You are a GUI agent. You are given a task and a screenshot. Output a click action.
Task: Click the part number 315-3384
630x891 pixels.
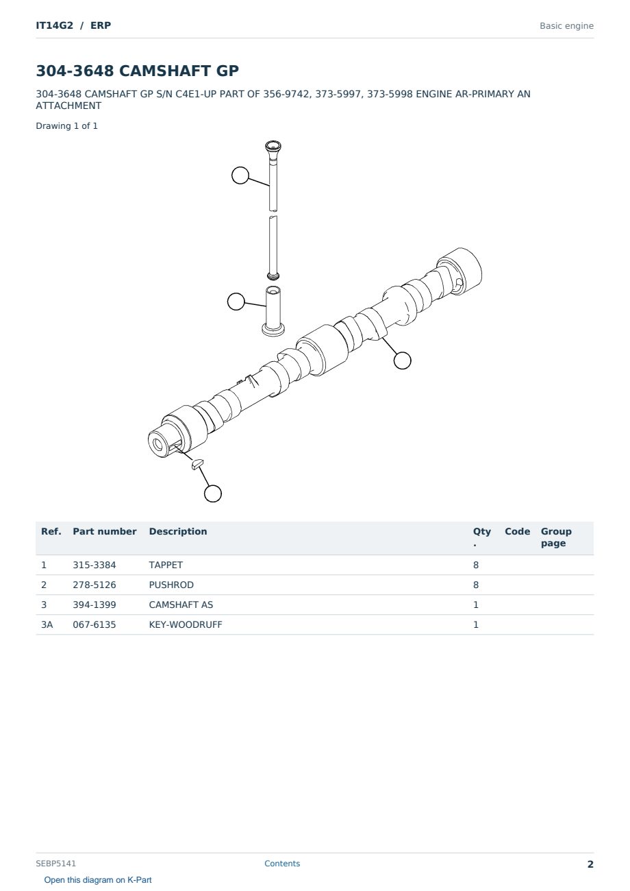coord(94,565)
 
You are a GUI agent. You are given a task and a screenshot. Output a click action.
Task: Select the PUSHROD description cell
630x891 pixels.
coord(171,585)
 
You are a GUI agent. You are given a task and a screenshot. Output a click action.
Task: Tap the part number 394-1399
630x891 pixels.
coord(94,605)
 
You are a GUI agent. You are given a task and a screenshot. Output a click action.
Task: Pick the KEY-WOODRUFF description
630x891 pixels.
coord(186,625)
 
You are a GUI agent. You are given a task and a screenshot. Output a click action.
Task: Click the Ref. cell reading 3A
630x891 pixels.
coord(47,625)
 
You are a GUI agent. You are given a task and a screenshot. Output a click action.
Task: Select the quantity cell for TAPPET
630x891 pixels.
coord(476,565)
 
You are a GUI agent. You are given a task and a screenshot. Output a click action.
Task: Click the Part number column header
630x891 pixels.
coord(105,532)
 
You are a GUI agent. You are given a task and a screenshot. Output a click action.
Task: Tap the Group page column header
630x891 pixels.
coord(556,537)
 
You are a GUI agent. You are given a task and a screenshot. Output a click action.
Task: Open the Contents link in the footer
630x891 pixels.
coord(282,864)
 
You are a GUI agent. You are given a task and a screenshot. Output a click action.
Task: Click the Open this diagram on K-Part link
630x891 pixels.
coord(98,880)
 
